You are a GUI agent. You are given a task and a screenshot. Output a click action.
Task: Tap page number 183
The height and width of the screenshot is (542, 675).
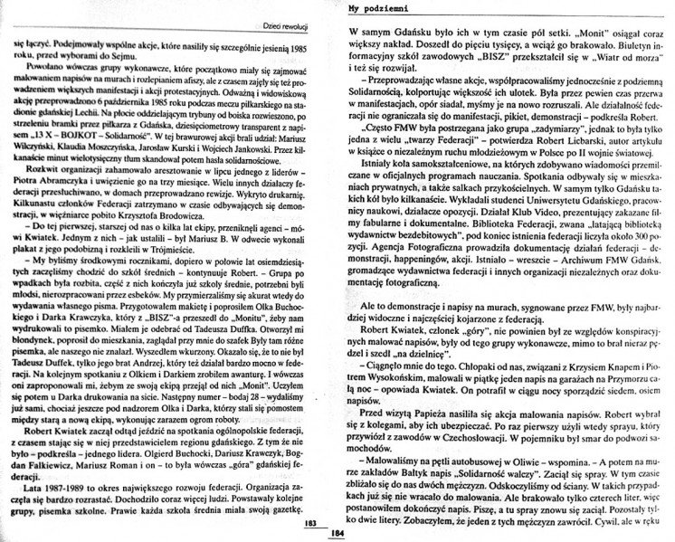tap(309, 524)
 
